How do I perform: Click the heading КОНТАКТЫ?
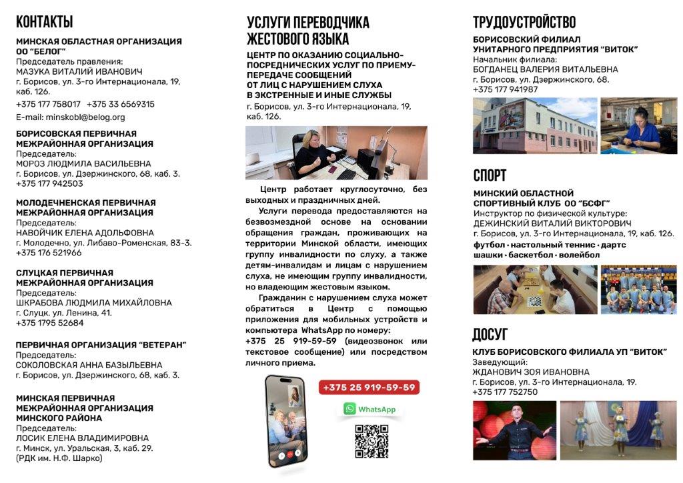pos(45,22)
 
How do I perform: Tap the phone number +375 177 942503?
pos(49,183)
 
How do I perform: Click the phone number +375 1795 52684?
pos(50,323)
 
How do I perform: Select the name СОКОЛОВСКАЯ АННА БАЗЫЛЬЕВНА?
pos(89,365)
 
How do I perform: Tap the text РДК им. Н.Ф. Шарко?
pos(59,458)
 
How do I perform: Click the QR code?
pos(372,442)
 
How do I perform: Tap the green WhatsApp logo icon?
pos(350,409)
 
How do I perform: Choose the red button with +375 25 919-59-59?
pos(369,388)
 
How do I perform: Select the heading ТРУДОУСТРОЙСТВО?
pos(524,23)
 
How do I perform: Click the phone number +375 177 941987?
pos(505,89)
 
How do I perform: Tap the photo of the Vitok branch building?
pos(534,126)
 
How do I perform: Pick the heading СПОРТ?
pos(490,175)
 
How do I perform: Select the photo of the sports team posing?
pos(638,290)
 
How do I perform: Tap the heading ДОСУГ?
pos(490,334)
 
